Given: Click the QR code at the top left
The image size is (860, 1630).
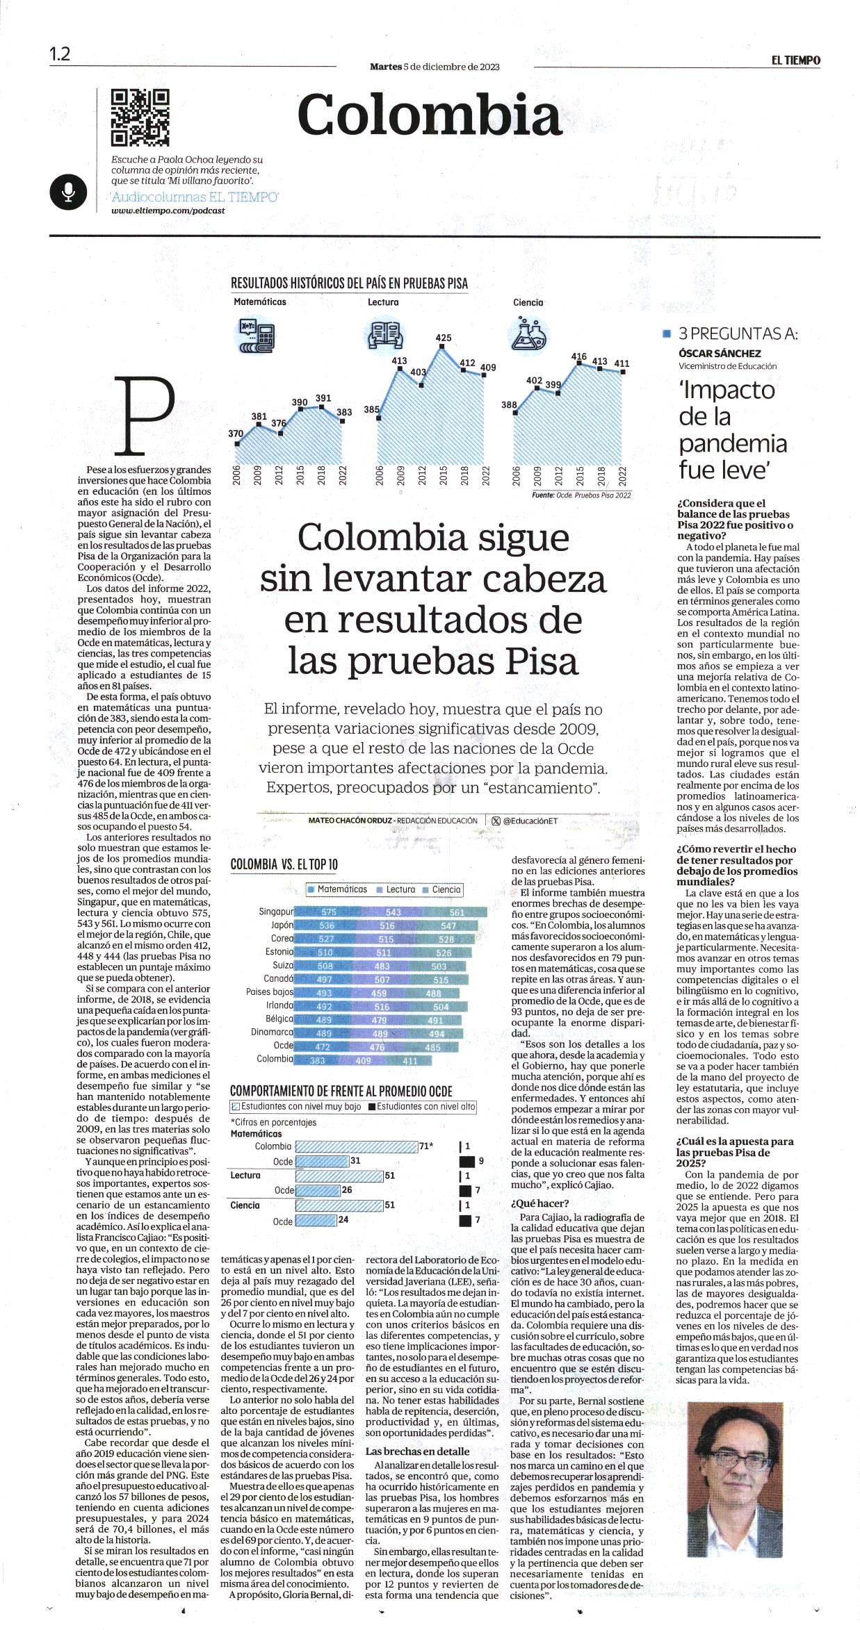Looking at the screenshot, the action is (140, 117).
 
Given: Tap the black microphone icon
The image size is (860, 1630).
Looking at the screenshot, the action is (67, 192).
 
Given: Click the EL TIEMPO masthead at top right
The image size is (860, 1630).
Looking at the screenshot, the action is (795, 60).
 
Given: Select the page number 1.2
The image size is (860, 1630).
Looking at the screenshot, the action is (60, 54).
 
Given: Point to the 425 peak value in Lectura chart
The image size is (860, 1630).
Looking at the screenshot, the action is (443, 338).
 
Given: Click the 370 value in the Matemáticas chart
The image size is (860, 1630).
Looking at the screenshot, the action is (236, 434).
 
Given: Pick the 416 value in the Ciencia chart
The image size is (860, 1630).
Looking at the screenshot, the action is (578, 356).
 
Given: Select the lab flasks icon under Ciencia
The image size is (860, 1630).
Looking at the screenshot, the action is (530, 332).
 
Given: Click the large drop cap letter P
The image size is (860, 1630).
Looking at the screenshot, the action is (148, 414).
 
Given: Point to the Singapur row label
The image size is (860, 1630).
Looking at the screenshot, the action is (275, 912).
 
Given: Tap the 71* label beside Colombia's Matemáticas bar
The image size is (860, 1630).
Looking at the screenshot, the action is (425, 1146).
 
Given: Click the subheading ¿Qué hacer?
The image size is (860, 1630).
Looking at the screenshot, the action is (540, 1203).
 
